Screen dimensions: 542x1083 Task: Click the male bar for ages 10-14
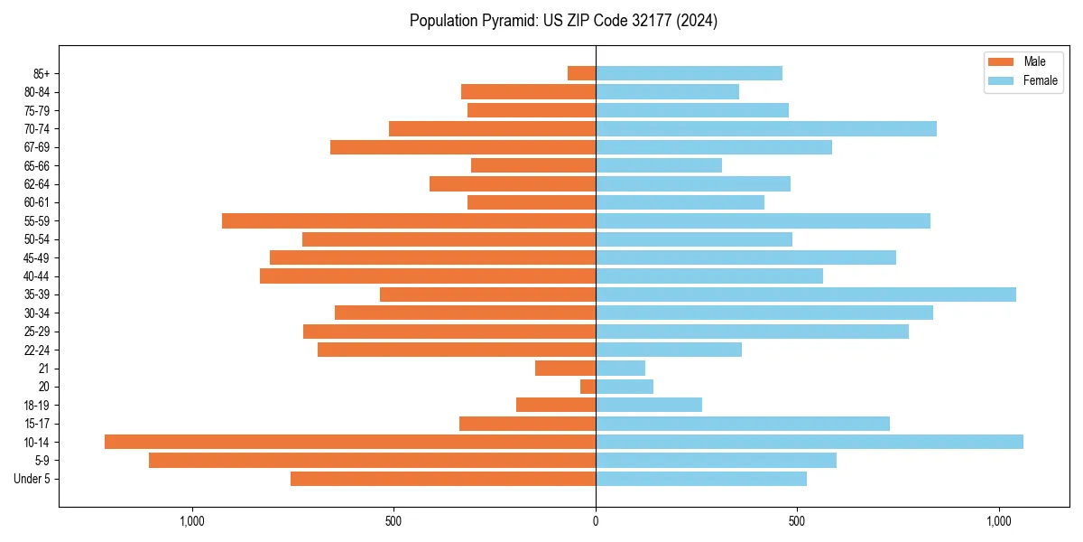click(350, 442)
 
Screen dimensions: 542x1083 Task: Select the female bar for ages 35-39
click(806, 294)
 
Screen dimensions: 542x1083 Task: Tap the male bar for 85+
click(581, 73)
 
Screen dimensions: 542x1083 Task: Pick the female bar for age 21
click(620, 369)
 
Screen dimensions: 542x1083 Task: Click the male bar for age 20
click(588, 387)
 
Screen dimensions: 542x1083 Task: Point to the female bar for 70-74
click(766, 129)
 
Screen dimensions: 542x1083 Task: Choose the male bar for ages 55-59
click(409, 221)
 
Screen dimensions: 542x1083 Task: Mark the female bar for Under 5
click(701, 479)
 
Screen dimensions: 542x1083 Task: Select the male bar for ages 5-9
click(372, 461)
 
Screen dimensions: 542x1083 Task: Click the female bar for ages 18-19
click(649, 405)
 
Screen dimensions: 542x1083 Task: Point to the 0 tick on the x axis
click(596, 521)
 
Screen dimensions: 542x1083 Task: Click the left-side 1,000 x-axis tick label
click(192, 521)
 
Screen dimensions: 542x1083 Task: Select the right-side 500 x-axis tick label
click(797, 521)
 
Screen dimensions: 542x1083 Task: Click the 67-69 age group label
click(37, 147)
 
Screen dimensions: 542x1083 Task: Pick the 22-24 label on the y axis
click(37, 350)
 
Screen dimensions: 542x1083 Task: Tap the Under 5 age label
click(32, 479)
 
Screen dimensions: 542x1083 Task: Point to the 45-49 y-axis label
click(37, 258)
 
